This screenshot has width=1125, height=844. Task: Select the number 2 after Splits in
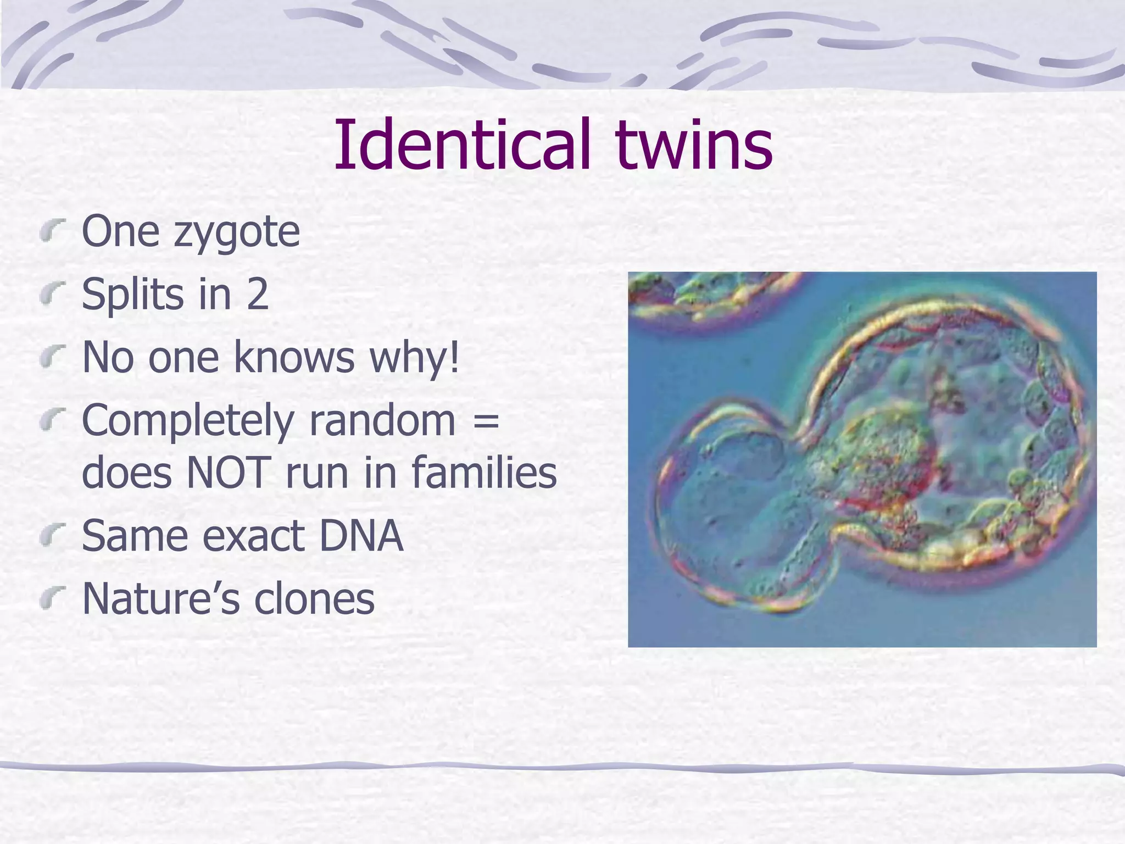(x=257, y=295)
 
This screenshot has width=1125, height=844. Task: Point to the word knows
(x=294, y=357)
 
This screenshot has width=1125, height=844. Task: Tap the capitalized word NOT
(x=229, y=473)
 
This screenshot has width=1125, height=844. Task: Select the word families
(x=483, y=473)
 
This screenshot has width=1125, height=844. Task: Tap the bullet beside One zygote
(x=53, y=231)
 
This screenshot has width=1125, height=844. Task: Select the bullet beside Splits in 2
(x=53, y=293)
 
